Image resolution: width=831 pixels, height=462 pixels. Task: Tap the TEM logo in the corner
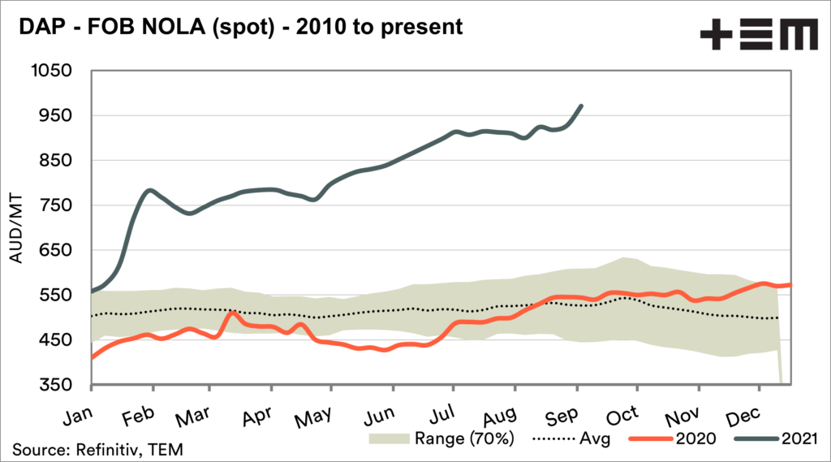pyautogui.click(x=759, y=36)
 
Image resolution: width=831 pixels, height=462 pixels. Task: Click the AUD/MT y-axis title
pyautogui.click(x=17, y=228)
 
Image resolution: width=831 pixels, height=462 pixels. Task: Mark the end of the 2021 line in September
pyautogui.click(x=580, y=106)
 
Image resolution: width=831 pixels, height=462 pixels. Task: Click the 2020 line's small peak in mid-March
pyautogui.click(x=232, y=313)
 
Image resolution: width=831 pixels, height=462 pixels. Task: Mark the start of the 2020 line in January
pyautogui.click(x=91, y=357)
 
